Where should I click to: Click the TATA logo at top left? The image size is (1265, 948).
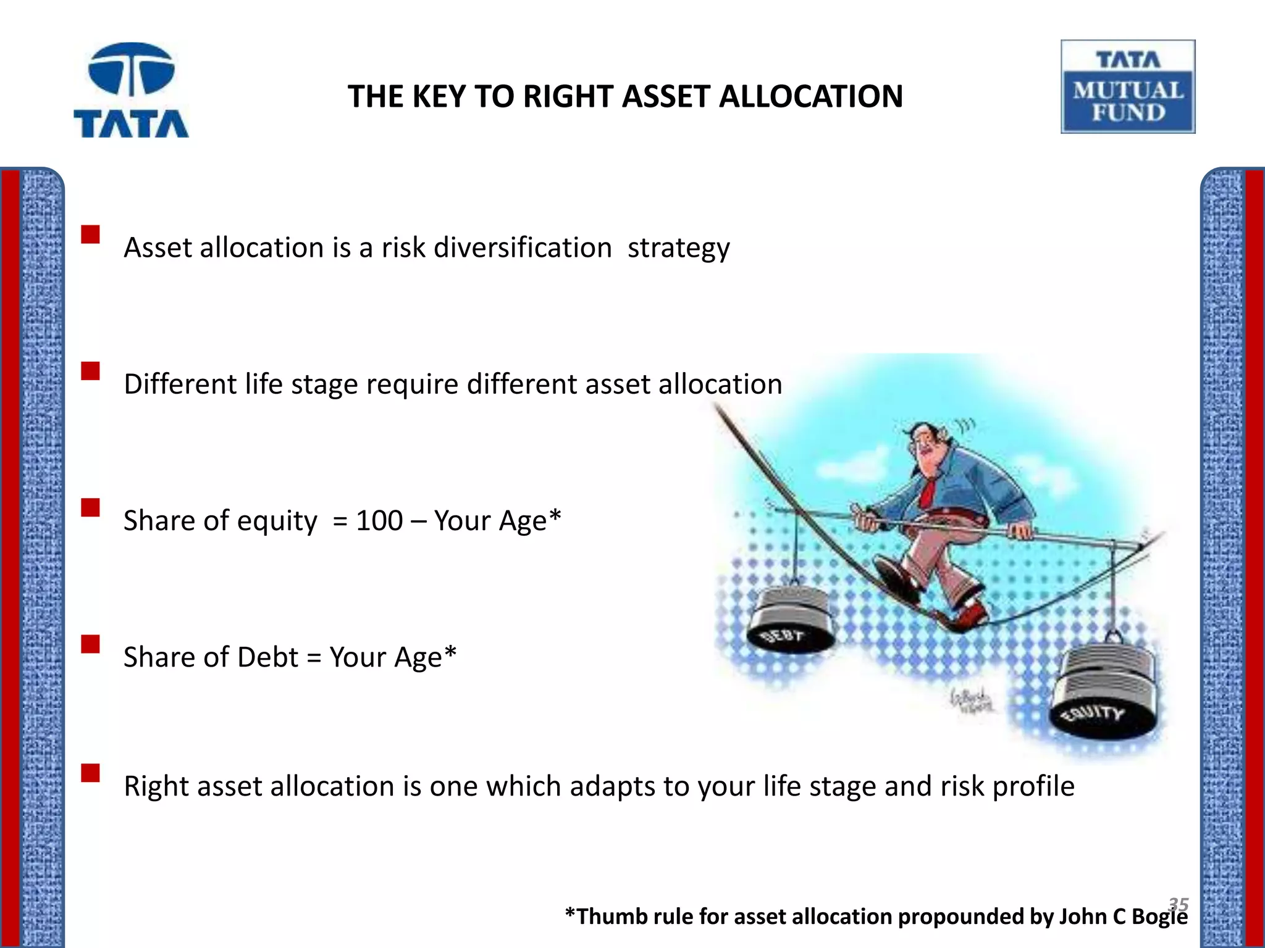(131, 90)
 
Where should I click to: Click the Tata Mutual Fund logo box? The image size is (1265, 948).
(1128, 87)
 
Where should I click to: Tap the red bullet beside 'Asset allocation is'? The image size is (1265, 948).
(90, 235)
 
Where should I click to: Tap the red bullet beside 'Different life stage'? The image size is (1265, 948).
(90, 371)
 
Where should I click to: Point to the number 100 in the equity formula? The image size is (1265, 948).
(379, 520)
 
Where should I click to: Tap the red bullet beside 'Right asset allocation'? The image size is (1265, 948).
(90, 773)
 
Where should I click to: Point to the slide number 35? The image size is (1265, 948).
(1179, 904)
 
